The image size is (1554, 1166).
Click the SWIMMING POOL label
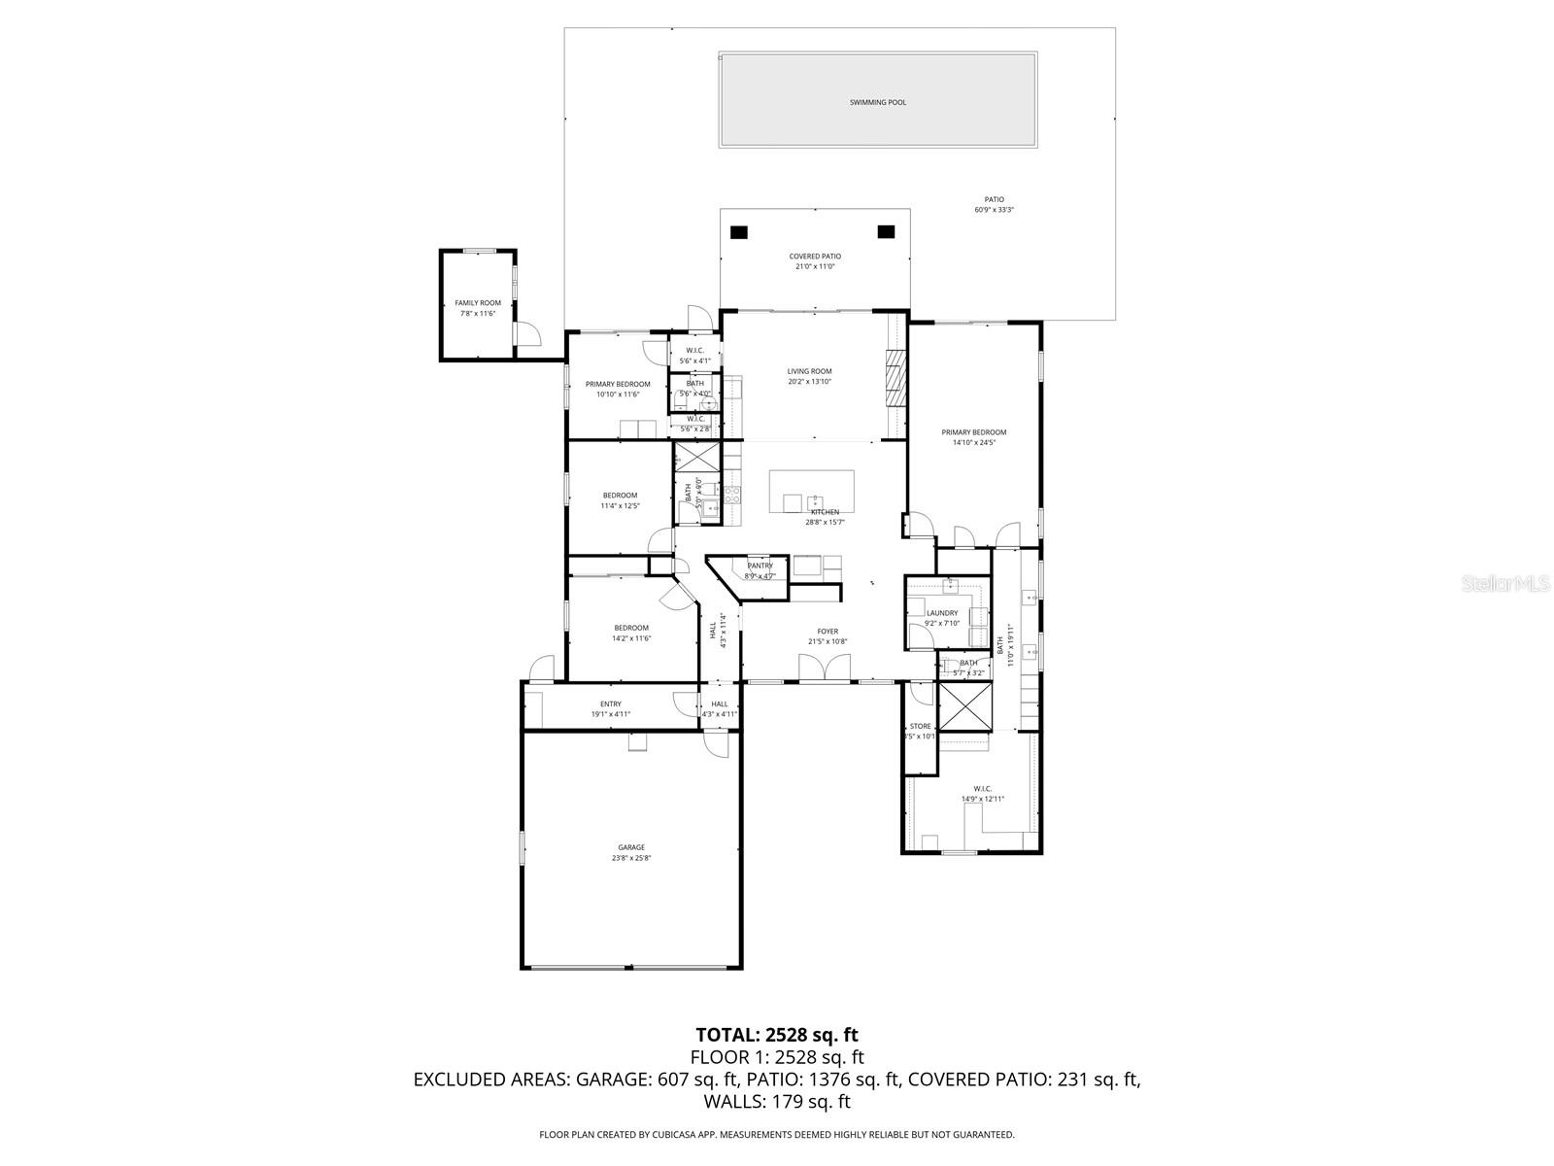(877, 102)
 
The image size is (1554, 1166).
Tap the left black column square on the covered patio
(739, 232)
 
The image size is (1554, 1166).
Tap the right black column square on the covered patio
(886, 231)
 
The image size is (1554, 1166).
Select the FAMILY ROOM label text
(478, 303)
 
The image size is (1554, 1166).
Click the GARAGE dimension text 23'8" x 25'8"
(630, 858)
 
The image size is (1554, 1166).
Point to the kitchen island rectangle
(812, 491)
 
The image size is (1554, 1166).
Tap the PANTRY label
(760, 566)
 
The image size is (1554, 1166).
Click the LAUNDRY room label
(942, 613)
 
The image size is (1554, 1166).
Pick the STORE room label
(920, 727)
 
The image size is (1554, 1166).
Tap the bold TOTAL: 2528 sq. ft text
(777, 1035)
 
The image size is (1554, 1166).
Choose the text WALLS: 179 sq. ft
(777, 1101)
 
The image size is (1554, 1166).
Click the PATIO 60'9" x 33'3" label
(994, 205)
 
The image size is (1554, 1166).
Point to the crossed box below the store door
(964, 706)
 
